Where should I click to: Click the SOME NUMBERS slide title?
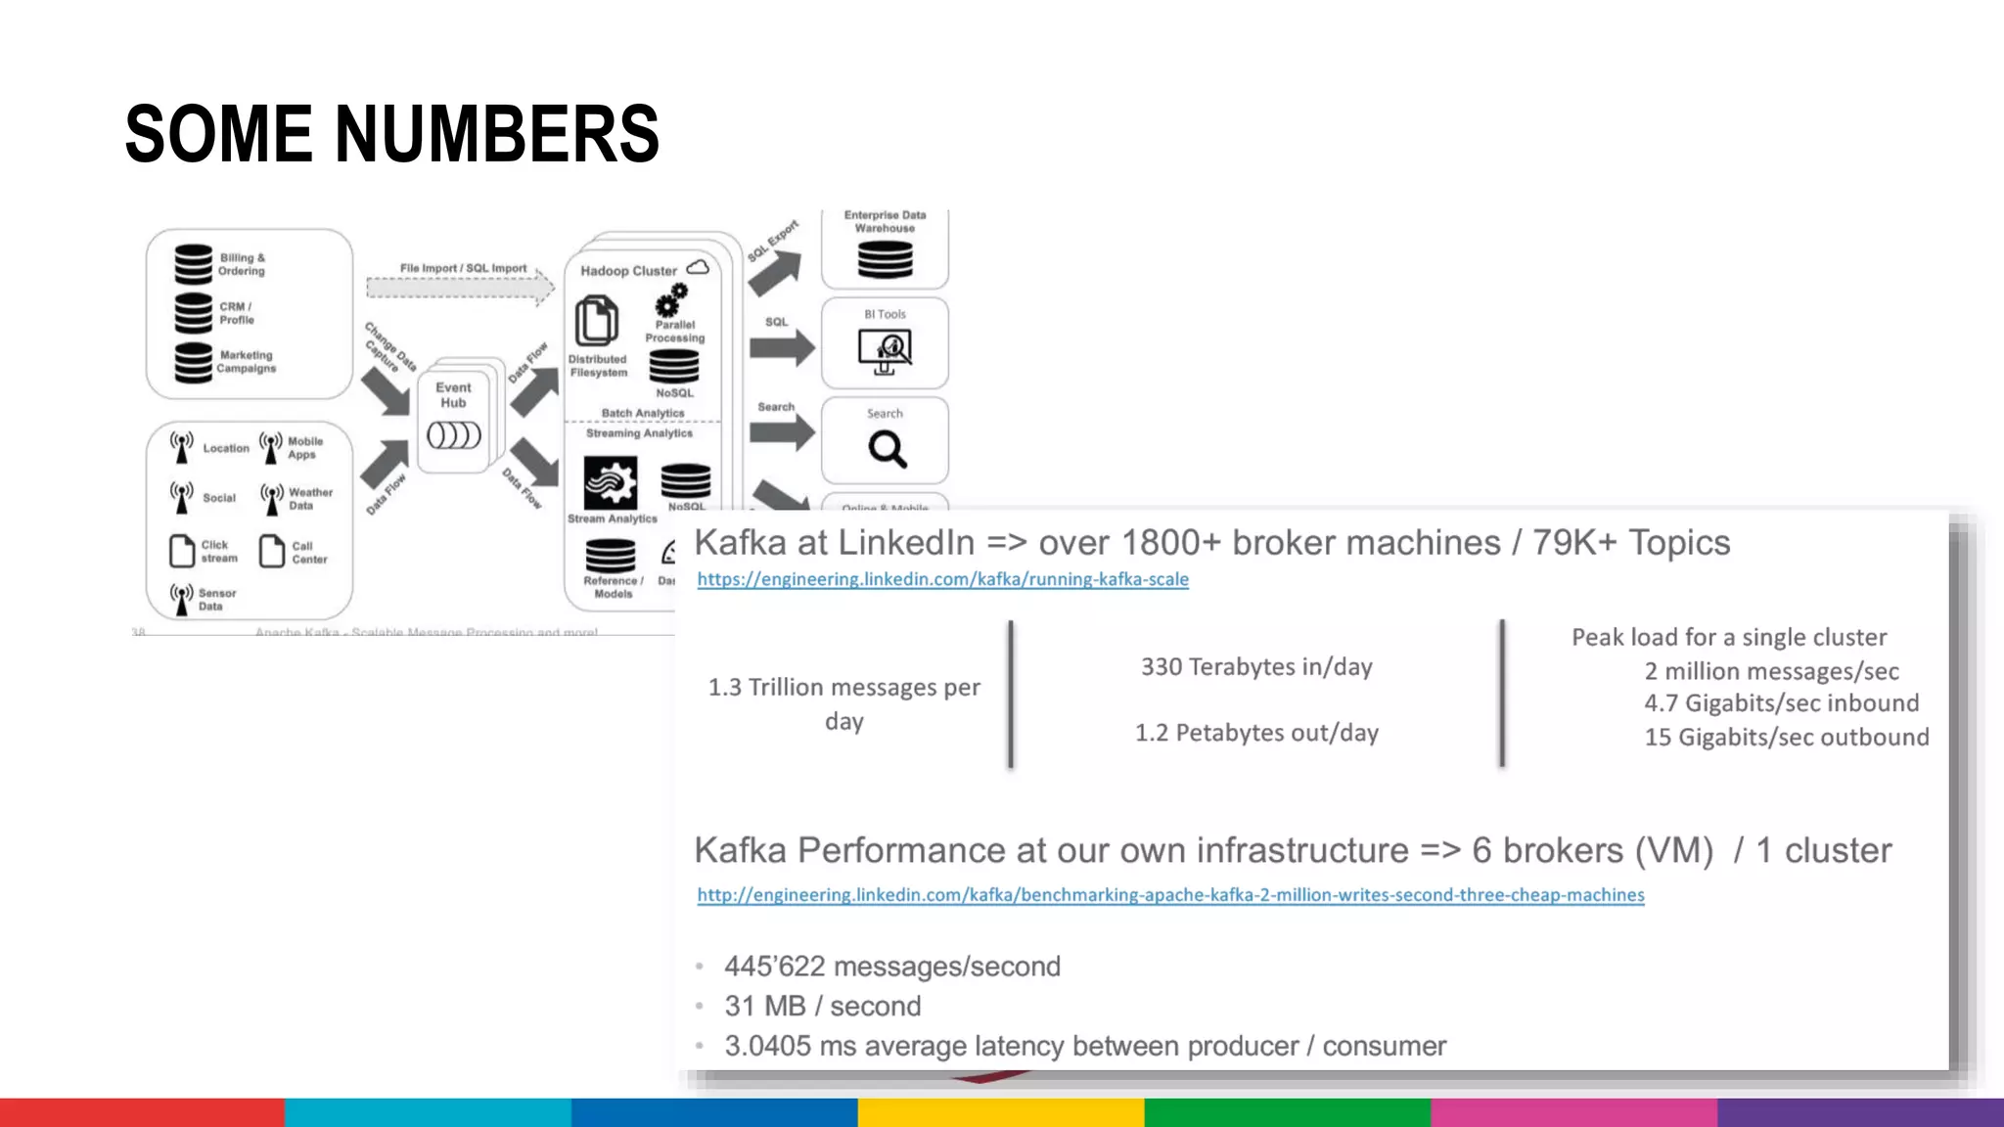tap(391, 134)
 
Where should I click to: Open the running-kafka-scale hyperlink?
tap(942, 579)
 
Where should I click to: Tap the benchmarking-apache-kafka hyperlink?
tap(1170, 894)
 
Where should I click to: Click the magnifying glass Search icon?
tap(887, 449)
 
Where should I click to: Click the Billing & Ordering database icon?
tap(193, 264)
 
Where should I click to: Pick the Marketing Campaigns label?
tap(246, 362)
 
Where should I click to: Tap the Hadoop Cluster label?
tap(628, 271)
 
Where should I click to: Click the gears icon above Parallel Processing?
tap(672, 300)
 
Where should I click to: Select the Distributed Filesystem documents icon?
tap(596, 322)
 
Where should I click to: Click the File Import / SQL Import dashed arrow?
tap(460, 288)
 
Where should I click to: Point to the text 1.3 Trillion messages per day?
tap(843, 703)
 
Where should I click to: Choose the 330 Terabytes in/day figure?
tap(1256, 667)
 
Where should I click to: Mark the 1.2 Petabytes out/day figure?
tap(1256, 733)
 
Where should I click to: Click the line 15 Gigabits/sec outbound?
tap(1786, 737)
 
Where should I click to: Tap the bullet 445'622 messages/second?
tap(891, 967)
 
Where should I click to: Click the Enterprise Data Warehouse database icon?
tap(885, 259)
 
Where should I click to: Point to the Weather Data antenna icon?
tap(272, 498)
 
